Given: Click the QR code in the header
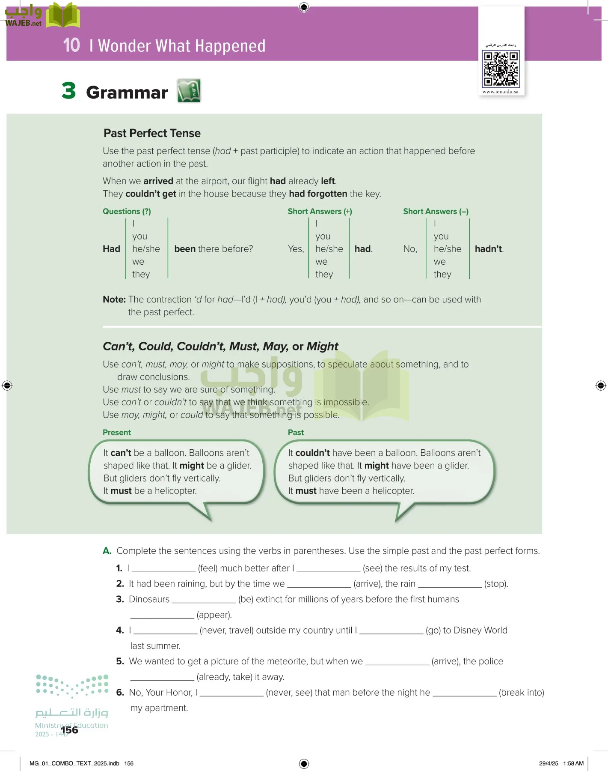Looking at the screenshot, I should (501, 69).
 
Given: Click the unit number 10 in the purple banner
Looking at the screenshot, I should (71, 45).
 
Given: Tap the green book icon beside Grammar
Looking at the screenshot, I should (189, 91).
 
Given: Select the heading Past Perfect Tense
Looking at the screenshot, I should (152, 133).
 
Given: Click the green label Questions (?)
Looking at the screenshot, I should (127, 211).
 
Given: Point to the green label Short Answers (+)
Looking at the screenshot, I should (320, 211).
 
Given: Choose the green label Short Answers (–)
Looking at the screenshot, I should (436, 211).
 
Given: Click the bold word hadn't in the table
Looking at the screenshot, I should (489, 249).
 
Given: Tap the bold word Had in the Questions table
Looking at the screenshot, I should (111, 249).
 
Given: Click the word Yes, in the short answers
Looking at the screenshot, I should (296, 249).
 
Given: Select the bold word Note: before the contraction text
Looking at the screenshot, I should (114, 299).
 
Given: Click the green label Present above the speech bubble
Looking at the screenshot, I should (117, 433).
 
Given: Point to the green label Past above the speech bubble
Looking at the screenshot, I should (296, 433).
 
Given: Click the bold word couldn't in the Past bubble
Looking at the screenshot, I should (312, 453).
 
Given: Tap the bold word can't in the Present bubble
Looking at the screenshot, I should (121, 453).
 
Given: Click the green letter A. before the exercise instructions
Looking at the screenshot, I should (107, 551).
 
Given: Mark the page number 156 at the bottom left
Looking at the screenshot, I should (69, 730).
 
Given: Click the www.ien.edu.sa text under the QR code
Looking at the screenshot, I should (500, 92).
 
